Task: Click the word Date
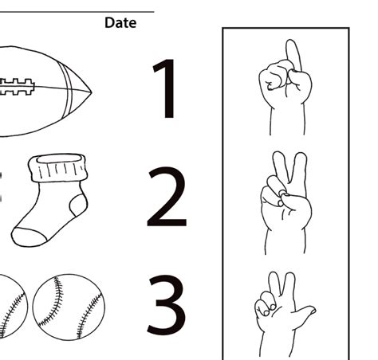[x=120, y=22]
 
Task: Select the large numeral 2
[x=167, y=197]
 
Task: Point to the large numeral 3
[x=167, y=305]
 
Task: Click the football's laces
[x=17, y=87]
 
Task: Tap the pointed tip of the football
[x=92, y=92]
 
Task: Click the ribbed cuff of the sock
[x=57, y=167]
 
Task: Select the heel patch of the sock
[x=78, y=205]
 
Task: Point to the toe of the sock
[x=29, y=237]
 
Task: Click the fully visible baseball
[x=69, y=307]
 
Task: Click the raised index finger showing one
[x=293, y=55]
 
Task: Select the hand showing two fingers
[x=286, y=202]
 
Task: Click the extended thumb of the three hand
[x=305, y=312]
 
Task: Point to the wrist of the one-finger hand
[x=287, y=121]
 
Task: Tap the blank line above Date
[x=77, y=12]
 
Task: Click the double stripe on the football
[x=66, y=91]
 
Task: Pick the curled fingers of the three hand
[x=266, y=304]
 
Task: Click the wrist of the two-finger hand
[x=285, y=241]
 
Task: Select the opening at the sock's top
[x=59, y=158]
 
